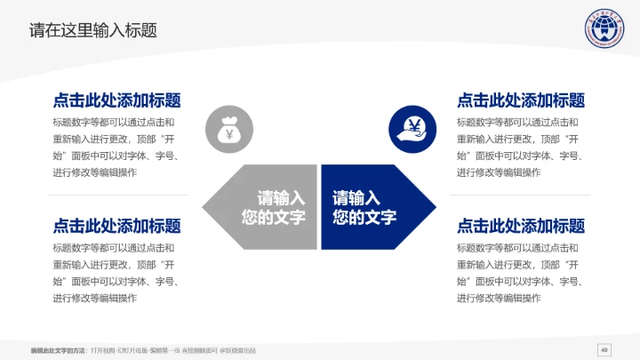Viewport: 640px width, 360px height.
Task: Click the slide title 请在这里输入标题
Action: (x=93, y=30)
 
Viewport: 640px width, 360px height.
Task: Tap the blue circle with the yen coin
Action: (x=411, y=129)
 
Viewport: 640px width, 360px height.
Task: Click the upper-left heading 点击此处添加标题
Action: (x=116, y=100)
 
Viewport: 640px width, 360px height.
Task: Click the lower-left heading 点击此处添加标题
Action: (x=116, y=226)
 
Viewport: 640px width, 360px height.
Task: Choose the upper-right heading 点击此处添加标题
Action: (x=521, y=100)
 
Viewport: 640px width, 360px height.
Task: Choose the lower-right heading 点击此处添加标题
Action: (x=521, y=226)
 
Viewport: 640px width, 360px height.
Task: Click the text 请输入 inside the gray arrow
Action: (x=281, y=198)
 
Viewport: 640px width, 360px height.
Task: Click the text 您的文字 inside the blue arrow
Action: (x=364, y=218)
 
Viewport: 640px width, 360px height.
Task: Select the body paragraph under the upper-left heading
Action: (x=116, y=148)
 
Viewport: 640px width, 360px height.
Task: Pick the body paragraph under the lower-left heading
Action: (x=116, y=273)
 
